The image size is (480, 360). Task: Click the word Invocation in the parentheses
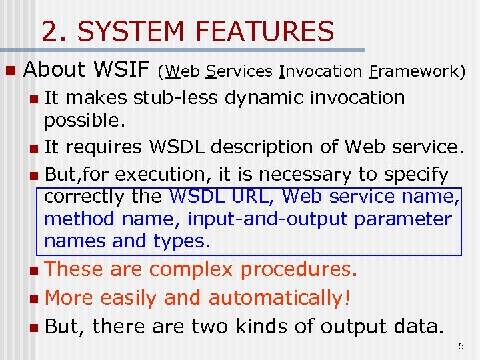coord(320,71)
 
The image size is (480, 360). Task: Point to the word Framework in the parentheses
coord(417,71)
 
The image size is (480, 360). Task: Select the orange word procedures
coord(299,269)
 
